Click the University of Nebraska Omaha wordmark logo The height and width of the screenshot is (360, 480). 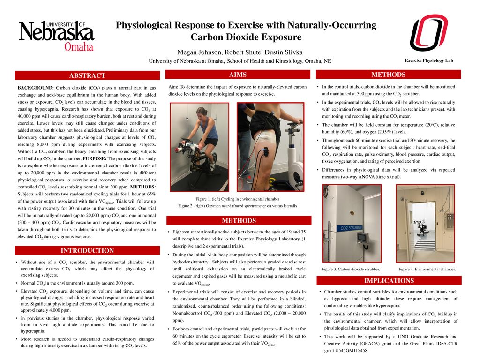[x=56, y=36]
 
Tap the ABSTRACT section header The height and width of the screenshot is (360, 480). [x=87, y=75]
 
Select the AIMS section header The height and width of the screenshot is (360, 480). [x=238, y=75]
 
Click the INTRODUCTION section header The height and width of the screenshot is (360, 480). [x=87, y=251]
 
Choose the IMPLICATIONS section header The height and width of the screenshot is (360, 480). [x=389, y=281]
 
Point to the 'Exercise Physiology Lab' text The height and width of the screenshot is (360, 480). [x=429, y=60]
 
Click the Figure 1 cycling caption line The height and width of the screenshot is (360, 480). [x=237, y=199]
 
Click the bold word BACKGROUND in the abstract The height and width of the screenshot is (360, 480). [x=36, y=88]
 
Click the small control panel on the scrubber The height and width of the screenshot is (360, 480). [x=362, y=238]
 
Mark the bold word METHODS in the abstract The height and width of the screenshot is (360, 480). [x=143, y=187]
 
